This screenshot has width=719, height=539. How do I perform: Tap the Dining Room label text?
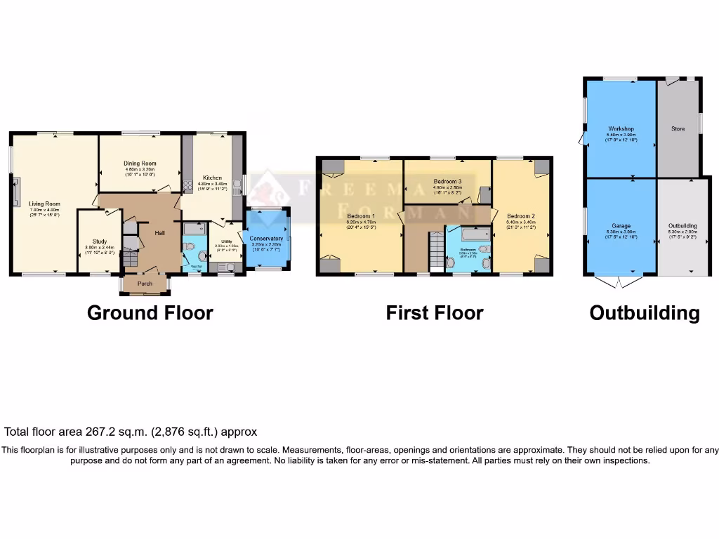[x=140, y=164]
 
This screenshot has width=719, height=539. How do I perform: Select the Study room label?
[x=100, y=241]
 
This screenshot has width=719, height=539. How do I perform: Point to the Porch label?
[x=145, y=284]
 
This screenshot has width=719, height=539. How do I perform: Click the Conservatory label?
[x=266, y=239]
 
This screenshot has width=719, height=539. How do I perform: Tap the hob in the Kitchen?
[x=188, y=186]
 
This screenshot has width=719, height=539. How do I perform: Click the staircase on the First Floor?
[x=435, y=253]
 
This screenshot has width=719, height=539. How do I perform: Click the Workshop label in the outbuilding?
[x=621, y=129]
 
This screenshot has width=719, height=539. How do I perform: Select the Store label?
[x=678, y=129]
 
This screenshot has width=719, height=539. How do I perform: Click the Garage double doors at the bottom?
[x=619, y=282]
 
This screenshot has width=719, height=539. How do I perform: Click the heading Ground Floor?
[x=150, y=313]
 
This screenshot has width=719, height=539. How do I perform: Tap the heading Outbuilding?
[x=644, y=313]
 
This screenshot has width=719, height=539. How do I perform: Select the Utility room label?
[x=227, y=241]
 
